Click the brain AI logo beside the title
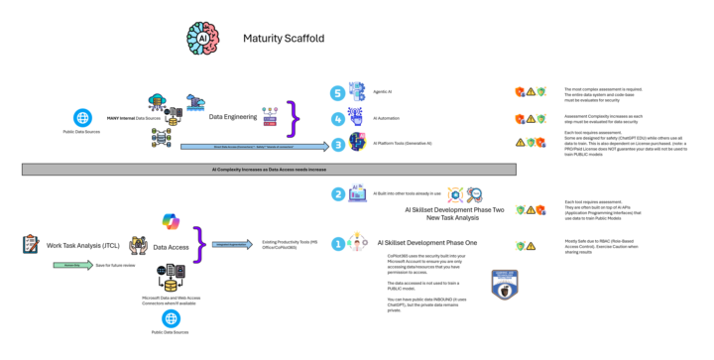[203, 38]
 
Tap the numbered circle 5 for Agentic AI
[337, 93]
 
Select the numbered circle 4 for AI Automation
[337, 118]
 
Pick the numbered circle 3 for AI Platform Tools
[337, 144]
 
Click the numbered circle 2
[338, 194]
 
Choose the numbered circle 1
[338, 242]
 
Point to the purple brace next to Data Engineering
[294, 118]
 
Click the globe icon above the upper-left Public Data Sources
[80, 115]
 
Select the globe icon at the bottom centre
[172, 318]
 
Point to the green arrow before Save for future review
[71, 266]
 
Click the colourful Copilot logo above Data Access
[171, 223]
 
